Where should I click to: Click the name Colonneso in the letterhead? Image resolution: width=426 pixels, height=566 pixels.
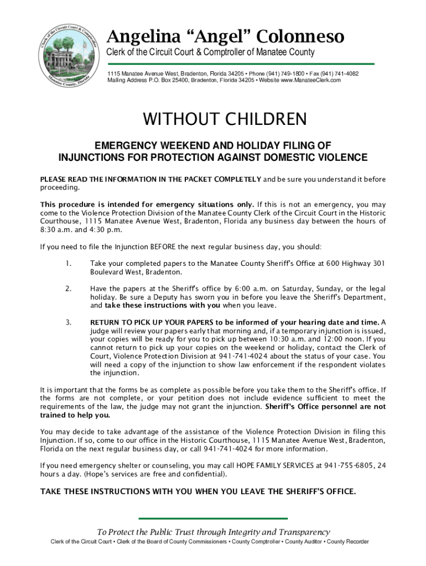click(300, 37)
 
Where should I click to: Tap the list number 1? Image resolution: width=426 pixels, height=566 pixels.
click(68, 264)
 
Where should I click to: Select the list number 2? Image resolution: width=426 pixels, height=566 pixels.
click(68, 289)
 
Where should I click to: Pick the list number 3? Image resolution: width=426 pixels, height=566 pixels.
click(68, 322)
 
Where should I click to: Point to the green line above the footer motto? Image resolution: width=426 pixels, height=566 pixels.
click(212, 518)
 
